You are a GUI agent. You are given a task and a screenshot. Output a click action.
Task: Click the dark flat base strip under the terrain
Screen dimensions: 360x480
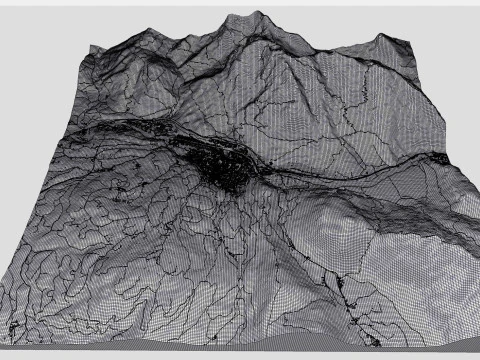[x=240, y=351]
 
